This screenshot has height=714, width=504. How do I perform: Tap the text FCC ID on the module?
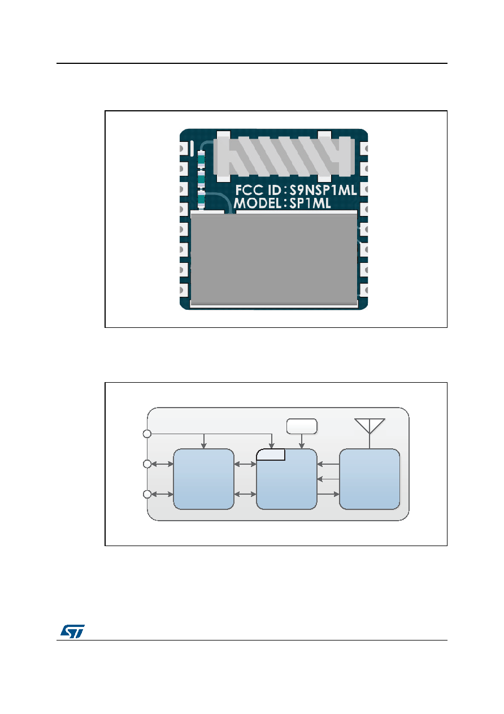coord(258,191)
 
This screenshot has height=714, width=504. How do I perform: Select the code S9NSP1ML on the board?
coord(323,191)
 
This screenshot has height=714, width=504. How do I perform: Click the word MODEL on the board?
coord(257,204)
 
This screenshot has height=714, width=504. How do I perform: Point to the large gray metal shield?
coord(273,259)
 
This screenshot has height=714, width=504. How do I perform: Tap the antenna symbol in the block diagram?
coord(370,434)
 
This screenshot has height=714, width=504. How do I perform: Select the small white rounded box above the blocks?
coord(302,426)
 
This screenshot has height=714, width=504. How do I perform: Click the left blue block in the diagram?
coord(203,479)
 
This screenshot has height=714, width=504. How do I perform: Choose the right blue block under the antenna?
coord(370,479)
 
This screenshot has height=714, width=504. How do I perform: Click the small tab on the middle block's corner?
coord(271,455)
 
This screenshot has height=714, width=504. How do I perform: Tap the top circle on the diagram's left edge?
coord(147,434)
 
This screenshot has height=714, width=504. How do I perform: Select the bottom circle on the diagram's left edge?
coord(147,494)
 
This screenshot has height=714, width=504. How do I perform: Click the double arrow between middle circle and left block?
coord(162,464)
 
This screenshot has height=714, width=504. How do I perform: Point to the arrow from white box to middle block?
coord(302,442)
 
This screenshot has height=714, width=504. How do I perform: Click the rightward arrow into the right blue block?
coord(328,494)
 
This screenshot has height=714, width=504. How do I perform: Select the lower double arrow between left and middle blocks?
coord(245,494)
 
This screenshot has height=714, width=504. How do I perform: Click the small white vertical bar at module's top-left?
coord(192,149)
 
